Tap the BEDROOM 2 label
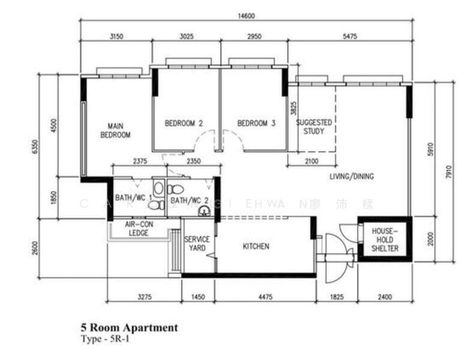click(184, 124)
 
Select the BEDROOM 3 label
click(256, 124)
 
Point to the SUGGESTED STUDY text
click(314, 126)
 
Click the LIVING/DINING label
click(352, 176)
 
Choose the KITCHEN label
click(256, 246)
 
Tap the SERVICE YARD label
click(197, 244)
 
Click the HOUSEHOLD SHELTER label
click(385, 239)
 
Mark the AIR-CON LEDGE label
click(136, 229)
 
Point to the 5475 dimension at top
click(349, 37)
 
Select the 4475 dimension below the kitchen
click(264, 296)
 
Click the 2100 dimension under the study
click(311, 161)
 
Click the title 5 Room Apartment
click(129, 328)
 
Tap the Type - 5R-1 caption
click(106, 340)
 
